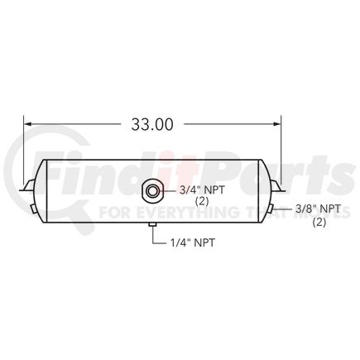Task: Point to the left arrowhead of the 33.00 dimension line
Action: [x=27, y=125]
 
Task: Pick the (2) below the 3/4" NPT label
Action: [x=201, y=201]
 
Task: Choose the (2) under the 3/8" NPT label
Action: [x=319, y=222]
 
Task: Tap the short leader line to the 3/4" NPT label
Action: [x=170, y=190]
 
